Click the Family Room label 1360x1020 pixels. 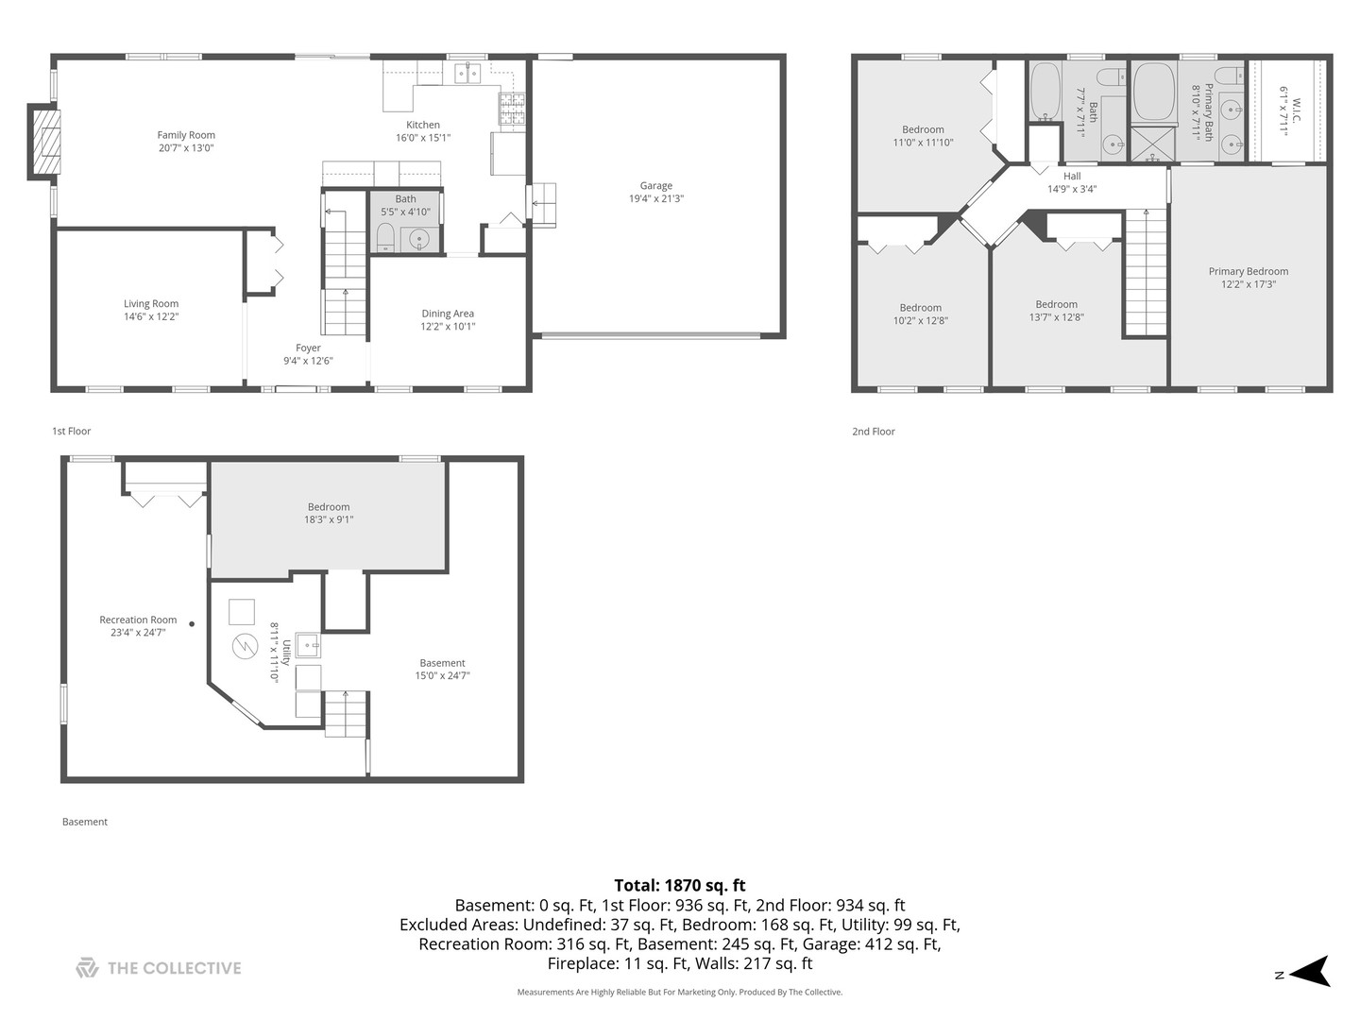(186, 135)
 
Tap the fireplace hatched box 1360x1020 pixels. (47, 142)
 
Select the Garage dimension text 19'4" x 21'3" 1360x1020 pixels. (656, 198)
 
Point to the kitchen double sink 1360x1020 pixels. (467, 74)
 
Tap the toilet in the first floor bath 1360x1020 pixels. (385, 238)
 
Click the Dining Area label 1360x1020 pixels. (448, 314)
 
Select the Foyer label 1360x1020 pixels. (308, 348)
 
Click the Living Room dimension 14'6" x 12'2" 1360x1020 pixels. (151, 316)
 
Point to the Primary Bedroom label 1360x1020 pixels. (1248, 271)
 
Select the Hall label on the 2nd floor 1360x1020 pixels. (1072, 177)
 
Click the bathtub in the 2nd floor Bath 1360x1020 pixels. (1045, 91)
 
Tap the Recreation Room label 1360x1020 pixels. (138, 620)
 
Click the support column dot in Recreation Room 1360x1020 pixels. (192, 624)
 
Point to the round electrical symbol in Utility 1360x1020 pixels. (245, 647)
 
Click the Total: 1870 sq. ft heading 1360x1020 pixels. (680, 885)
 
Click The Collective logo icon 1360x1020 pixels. (87, 967)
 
